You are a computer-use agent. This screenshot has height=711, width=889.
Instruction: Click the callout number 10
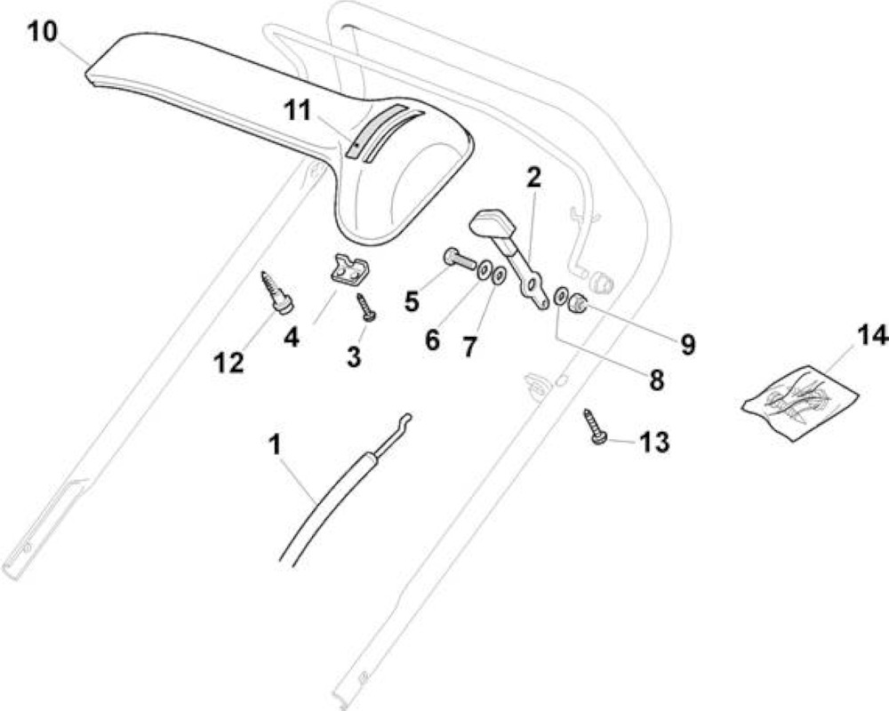43,31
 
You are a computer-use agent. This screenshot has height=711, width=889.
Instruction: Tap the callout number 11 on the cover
298,109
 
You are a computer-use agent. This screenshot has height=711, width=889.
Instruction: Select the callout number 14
871,337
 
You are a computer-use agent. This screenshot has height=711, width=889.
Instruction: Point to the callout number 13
653,442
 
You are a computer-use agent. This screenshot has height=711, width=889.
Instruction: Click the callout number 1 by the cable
275,444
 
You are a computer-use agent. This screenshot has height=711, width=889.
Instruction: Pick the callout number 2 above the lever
533,178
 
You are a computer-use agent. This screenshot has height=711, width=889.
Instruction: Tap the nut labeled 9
579,303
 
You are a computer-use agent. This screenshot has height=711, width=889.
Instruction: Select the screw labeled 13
594,426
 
